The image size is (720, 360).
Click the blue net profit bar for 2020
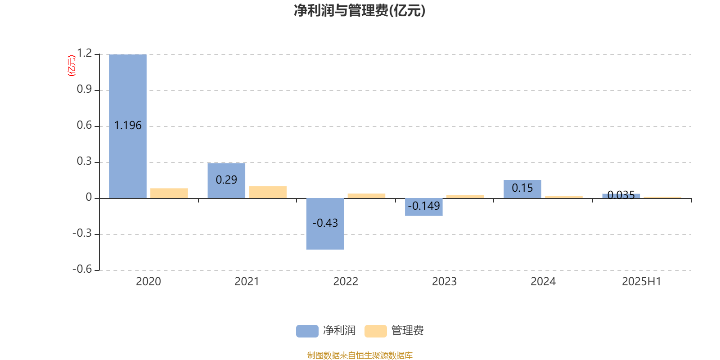(128, 126)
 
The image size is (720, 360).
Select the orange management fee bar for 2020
(169, 193)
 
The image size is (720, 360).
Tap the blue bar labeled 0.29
(226, 180)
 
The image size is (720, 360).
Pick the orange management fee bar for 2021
(268, 192)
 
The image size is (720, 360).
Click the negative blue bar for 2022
(325, 224)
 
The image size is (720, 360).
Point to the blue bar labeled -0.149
(423, 207)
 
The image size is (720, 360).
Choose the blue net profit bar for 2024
(522, 189)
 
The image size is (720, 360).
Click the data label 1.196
(128, 126)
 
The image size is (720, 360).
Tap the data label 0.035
(621, 195)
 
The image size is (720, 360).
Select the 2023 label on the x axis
(444, 282)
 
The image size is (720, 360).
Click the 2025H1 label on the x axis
(642, 282)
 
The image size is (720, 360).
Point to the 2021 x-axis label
(247, 282)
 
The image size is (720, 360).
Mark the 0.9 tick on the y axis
(84, 89)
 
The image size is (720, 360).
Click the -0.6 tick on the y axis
(82, 269)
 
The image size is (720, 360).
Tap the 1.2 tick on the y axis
(85, 53)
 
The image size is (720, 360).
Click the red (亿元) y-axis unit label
(72, 66)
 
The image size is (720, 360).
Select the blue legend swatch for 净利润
(307, 331)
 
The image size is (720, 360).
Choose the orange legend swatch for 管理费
(375, 331)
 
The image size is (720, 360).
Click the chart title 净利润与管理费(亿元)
(360, 11)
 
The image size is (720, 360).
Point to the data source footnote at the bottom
(360, 355)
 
